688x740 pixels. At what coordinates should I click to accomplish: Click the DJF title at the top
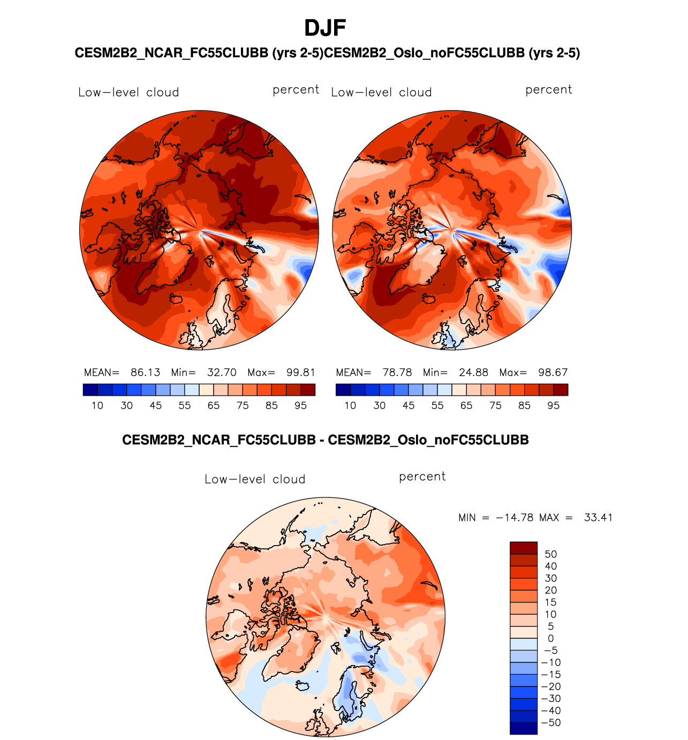click(325, 28)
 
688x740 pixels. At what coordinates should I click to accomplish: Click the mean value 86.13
click(145, 373)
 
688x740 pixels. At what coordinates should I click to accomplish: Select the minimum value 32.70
click(222, 373)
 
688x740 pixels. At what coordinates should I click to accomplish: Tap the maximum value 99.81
click(300, 373)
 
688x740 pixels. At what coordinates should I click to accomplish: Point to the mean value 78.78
click(397, 373)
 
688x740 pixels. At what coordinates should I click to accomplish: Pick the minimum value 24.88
click(473, 373)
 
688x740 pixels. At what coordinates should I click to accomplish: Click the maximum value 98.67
click(553, 373)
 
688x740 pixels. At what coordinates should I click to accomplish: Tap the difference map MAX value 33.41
click(598, 518)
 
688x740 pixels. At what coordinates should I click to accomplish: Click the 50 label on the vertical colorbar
click(550, 554)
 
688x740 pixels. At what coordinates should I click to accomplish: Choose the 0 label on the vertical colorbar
click(550, 638)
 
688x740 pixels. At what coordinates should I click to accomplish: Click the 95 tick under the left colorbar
click(300, 406)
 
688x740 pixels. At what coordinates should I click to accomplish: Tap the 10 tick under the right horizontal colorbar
click(350, 406)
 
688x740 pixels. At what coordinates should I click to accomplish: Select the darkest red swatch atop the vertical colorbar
click(523, 548)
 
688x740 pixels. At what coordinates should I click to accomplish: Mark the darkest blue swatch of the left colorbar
click(90, 390)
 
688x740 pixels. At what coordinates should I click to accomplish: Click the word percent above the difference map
click(422, 477)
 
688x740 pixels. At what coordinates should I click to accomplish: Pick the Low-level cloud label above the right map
click(381, 92)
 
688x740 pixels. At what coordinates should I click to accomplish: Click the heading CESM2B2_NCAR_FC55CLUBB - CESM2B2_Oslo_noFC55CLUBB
click(325, 440)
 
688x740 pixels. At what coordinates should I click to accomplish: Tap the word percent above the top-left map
click(296, 90)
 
